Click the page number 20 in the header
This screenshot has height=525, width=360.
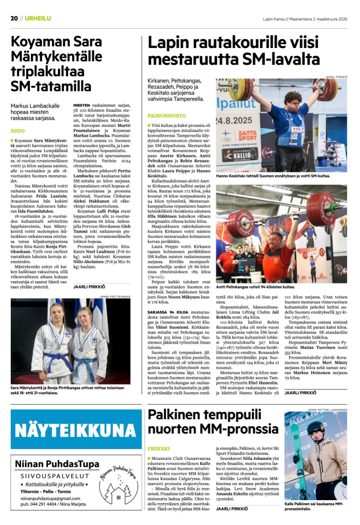point(14,18)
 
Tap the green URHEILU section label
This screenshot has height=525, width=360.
point(38,18)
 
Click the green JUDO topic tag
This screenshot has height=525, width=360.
point(18,131)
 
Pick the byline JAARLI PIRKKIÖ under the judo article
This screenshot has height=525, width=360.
point(89,286)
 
